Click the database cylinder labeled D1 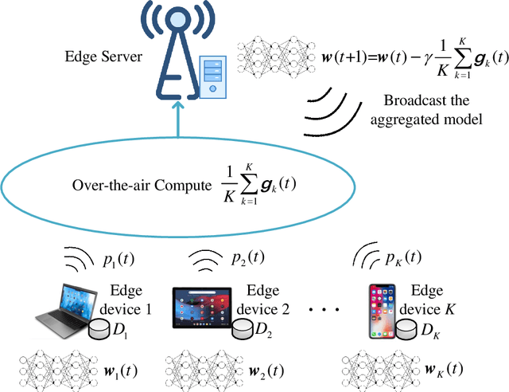101,328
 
